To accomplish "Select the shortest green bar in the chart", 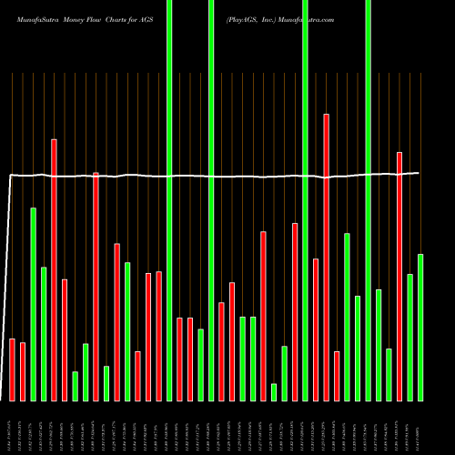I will [x=274, y=392].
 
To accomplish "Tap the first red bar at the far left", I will [x=12, y=369].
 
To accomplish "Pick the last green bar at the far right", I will [x=420, y=328].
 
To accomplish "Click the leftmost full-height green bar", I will [x=169, y=200].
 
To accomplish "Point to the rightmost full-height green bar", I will [x=368, y=200].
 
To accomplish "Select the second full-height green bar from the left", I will [x=211, y=200].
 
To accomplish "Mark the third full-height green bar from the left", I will [x=305, y=200].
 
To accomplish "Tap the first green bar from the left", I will [x=33, y=304].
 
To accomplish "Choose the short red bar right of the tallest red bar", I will [x=337, y=376].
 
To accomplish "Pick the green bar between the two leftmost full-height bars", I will [x=200, y=365].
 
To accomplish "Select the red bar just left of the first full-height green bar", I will [x=158, y=336].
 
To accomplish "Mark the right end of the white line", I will [x=419, y=173].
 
